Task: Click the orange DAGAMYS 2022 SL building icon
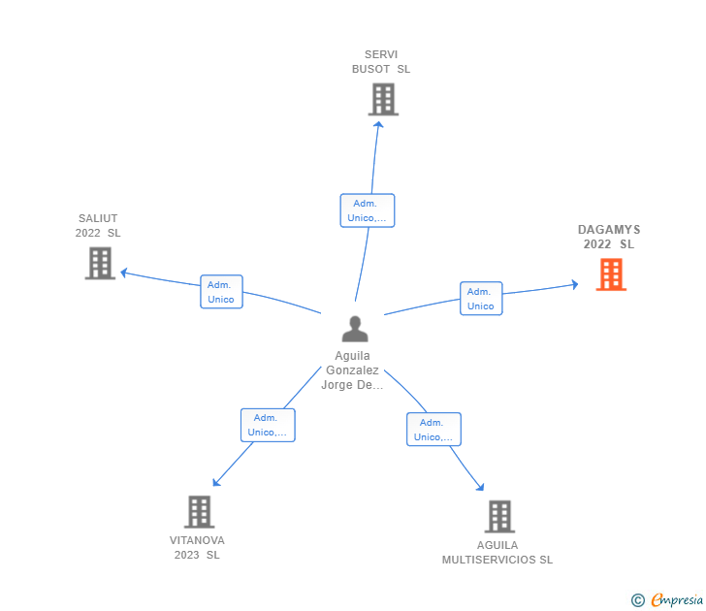(611, 274)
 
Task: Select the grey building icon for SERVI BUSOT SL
(383, 99)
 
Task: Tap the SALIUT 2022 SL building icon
(100, 264)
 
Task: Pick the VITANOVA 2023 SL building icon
(199, 512)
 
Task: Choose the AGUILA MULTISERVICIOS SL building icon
(499, 517)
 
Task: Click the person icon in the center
(355, 329)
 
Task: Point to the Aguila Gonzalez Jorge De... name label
(352, 370)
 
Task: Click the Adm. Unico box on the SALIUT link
(221, 292)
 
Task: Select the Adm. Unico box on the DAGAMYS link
(481, 299)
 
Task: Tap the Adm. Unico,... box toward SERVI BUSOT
(368, 210)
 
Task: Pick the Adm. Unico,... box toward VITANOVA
(268, 425)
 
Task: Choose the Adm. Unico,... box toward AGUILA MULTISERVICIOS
(433, 430)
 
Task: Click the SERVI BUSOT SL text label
(381, 62)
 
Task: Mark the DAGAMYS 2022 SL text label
(609, 237)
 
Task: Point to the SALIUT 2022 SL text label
(98, 226)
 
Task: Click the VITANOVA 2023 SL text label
(197, 548)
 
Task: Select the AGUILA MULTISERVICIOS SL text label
(497, 553)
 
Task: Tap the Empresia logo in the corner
(667, 599)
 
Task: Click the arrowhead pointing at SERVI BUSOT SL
(378, 125)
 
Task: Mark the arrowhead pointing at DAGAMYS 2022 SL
(574, 284)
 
